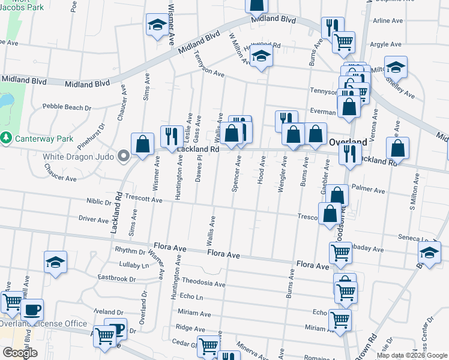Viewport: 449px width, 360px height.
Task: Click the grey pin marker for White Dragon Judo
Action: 124,157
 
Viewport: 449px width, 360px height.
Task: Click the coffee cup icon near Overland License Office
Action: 32,310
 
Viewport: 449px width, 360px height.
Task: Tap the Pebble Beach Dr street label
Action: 67,107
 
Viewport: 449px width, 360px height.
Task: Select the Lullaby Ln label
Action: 133,265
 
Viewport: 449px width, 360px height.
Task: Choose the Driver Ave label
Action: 94,219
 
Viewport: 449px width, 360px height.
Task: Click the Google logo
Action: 20,353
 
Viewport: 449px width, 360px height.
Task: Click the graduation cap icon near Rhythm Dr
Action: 55,262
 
